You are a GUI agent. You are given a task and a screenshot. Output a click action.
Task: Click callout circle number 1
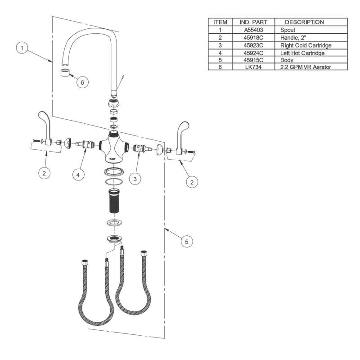pos(22,48)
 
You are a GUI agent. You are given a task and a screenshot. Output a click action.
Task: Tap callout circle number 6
pos(82,82)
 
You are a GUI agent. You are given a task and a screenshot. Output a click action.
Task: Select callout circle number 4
pos(78,175)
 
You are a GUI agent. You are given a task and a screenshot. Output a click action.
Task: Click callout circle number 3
pos(135,179)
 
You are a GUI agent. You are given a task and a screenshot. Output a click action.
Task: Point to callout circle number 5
pos(186,242)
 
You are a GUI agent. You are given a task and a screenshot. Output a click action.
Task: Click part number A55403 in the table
pos(253,30)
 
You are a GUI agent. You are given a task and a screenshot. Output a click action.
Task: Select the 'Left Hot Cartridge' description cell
pos(302,53)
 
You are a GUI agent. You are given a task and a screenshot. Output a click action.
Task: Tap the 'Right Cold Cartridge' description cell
pos(306,45)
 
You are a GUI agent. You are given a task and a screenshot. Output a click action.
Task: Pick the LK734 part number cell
pos(253,67)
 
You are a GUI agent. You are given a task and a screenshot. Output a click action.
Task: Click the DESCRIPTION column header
pos(304,22)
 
